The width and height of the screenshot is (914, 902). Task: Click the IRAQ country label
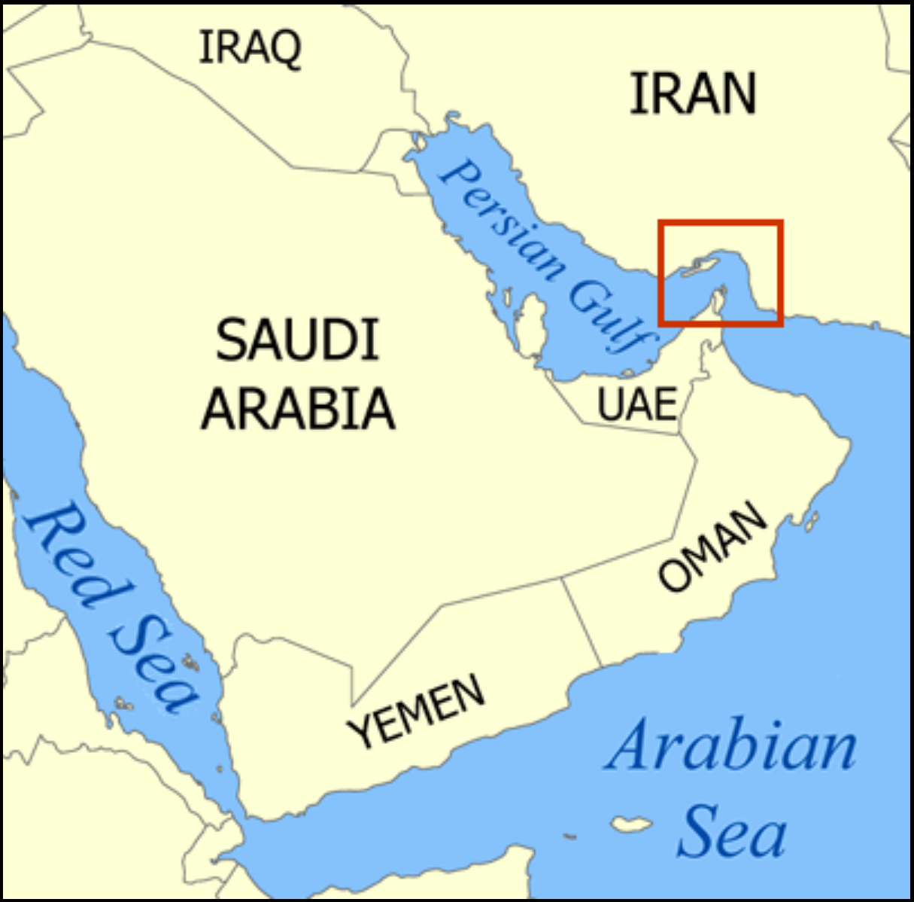250,47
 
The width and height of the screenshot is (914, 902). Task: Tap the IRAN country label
692,94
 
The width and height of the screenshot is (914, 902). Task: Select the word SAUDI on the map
297,340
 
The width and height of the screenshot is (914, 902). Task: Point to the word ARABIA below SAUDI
298,409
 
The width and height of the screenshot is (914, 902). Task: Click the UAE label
636,404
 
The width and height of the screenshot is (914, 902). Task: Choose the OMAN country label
712,547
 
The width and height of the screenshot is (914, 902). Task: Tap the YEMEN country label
416,710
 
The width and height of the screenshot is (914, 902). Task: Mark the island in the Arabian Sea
630,823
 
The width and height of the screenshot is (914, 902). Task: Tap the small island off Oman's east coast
811,520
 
